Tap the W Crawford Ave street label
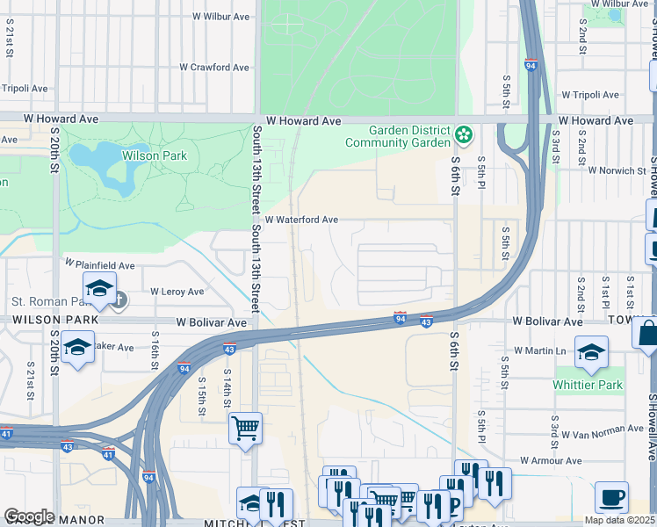(x=214, y=68)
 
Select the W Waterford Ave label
(x=301, y=220)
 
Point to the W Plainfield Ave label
(x=99, y=264)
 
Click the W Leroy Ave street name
(x=177, y=292)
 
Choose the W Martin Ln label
(x=540, y=351)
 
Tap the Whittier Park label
(x=588, y=386)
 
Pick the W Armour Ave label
(x=552, y=460)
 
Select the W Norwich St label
(x=617, y=170)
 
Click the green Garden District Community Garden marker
(x=464, y=135)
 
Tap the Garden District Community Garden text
(x=397, y=136)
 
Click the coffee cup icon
(x=611, y=496)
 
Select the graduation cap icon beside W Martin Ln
(x=592, y=350)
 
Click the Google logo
(x=29, y=516)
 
